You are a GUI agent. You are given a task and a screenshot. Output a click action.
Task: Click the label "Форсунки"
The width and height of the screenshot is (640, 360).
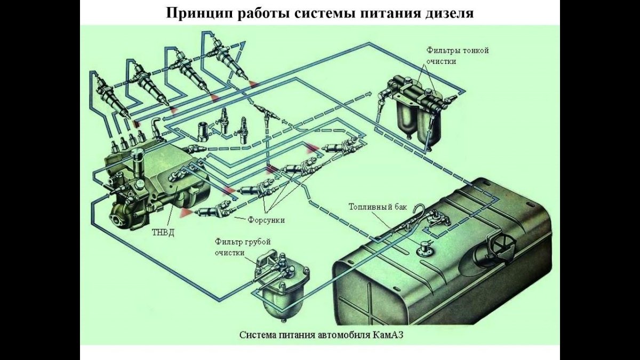(x=266, y=220)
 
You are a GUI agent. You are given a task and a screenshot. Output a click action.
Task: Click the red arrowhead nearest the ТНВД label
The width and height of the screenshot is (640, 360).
(x=186, y=213)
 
